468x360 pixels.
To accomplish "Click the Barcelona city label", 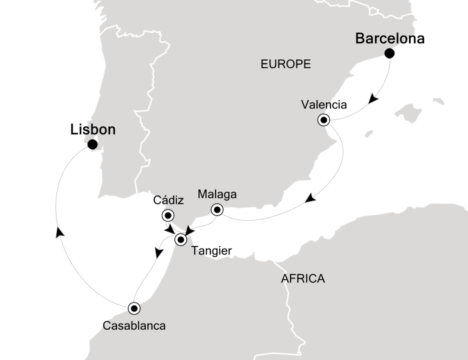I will [x=389, y=39].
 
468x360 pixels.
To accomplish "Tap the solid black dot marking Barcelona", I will [x=389, y=53].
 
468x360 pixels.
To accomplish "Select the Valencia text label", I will [x=323, y=105].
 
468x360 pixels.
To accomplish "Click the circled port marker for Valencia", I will [x=324, y=120].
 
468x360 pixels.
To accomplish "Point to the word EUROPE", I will [x=285, y=64].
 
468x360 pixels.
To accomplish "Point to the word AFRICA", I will [x=303, y=279].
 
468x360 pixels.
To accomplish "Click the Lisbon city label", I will [x=93, y=130].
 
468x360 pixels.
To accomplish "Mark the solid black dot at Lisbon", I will [x=92, y=145].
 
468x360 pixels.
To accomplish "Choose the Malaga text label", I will [x=217, y=194].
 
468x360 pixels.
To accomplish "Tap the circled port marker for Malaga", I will [x=217, y=209].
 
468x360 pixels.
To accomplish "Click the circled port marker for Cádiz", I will [x=167, y=216].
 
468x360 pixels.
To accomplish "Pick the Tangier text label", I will [x=211, y=251].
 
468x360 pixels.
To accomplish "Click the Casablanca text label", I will [x=133, y=325].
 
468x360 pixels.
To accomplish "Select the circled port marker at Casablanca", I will [x=133, y=307].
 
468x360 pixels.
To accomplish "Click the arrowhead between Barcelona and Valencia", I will [x=372, y=100].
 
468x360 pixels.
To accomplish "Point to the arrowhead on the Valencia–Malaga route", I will [x=310, y=198].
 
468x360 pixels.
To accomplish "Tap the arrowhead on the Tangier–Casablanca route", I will [x=159, y=253].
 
